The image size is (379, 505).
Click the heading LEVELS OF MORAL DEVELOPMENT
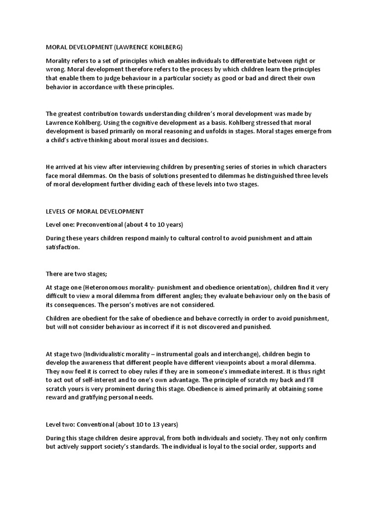(x=95, y=211)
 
